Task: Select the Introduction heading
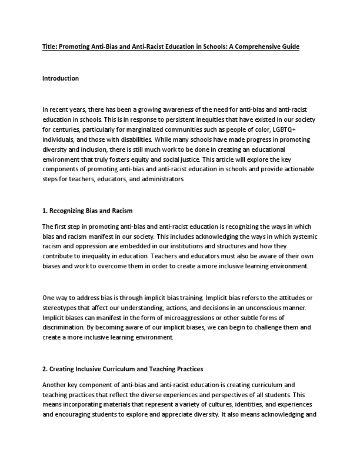click(x=61, y=78)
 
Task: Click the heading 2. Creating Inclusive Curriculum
click(x=123, y=369)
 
